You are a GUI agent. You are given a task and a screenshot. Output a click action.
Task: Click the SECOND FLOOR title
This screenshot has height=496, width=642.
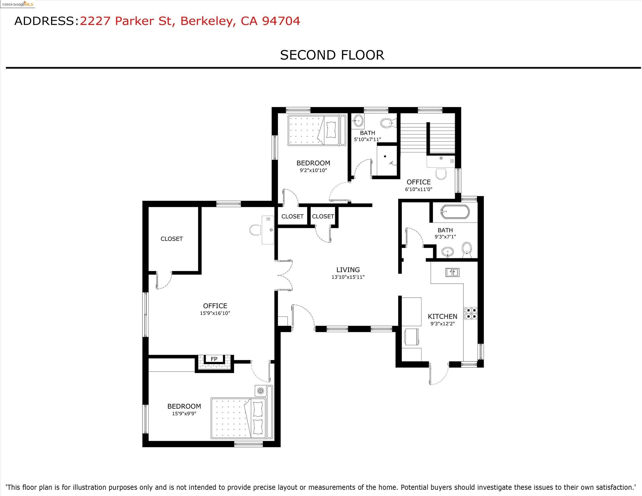coord(332,55)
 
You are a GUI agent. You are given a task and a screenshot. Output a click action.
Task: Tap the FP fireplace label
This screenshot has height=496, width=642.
coord(214,359)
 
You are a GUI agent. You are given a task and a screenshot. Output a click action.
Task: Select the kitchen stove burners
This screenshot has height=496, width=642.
coord(471,313)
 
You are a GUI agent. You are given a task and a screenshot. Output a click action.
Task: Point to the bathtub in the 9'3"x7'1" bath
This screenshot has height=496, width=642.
coord(454,212)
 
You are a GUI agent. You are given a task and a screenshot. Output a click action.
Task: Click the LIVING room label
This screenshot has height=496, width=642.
coord(348,270)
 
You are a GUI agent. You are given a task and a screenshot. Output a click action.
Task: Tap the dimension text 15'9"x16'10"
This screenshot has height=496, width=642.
coord(215,313)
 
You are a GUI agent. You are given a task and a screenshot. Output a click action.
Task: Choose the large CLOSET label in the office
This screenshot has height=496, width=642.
coord(172,239)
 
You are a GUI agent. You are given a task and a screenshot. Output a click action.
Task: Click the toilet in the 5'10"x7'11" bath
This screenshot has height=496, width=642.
coord(388,123)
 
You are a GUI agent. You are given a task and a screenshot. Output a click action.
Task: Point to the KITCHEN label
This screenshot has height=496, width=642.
coord(442,317)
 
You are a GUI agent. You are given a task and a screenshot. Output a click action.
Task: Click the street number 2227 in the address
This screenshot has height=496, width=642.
coord(95,21)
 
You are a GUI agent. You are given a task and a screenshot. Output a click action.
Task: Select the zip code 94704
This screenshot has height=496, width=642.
coord(281,21)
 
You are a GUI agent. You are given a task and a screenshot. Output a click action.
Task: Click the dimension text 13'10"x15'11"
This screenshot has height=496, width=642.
coord(348,277)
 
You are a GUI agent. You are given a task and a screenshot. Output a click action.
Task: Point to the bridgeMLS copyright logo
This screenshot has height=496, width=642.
coord(17,4)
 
